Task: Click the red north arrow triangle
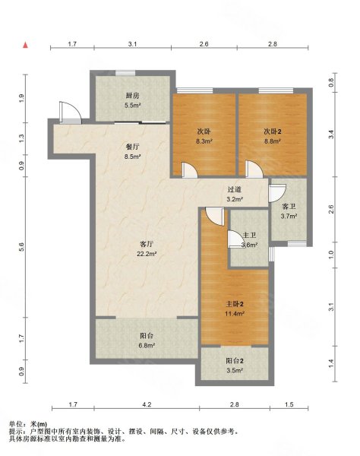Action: click(26, 45)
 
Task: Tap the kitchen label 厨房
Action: click(132, 96)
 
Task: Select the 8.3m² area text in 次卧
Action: click(204, 141)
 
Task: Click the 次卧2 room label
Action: click(272, 131)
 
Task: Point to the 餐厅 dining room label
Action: click(132, 147)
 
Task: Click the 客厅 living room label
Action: click(147, 244)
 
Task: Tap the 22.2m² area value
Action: click(147, 254)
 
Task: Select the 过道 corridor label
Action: click(235, 189)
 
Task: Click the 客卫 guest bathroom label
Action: click(289, 207)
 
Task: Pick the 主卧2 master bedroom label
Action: click(235, 304)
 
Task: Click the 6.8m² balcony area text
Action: click(147, 346)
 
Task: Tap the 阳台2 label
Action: click(235, 361)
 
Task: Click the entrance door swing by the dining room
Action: click(70, 112)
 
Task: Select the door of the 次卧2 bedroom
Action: click(254, 169)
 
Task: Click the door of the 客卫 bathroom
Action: click(277, 193)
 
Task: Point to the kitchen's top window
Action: click(125, 73)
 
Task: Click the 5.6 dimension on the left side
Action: click(21, 246)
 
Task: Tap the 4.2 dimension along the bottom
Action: click(147, 404)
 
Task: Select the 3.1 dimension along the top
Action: click(132, 44)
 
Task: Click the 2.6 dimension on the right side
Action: click(331, 209)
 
